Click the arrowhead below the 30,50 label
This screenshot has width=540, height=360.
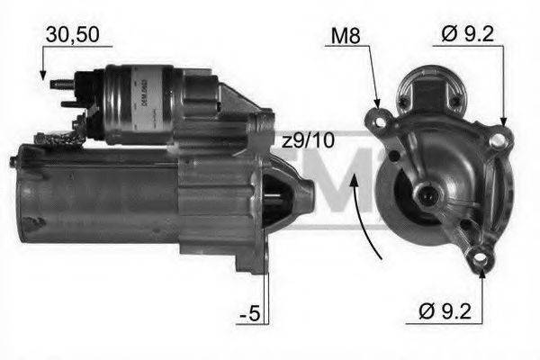(x=44, y=76)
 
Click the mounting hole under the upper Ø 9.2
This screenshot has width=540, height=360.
(x=498, y=138)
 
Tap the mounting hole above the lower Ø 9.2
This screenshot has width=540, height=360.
(x=481, y=261)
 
